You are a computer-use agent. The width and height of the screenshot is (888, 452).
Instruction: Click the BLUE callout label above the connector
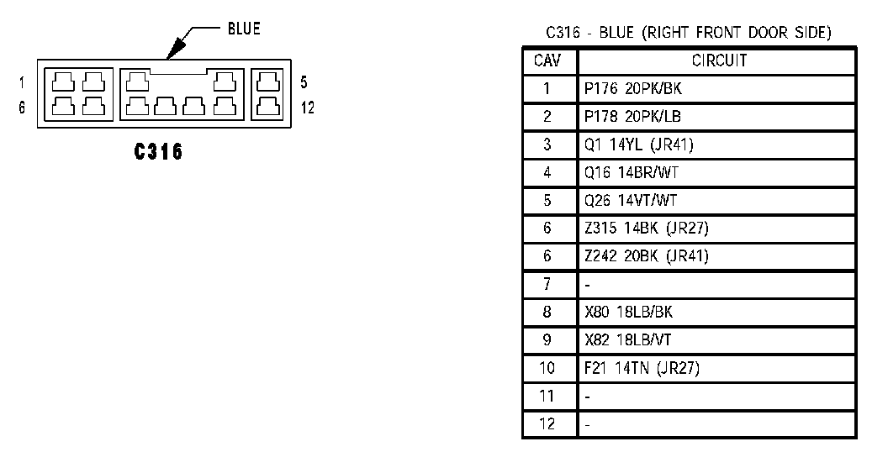pyautogui.click(x=243, y=29)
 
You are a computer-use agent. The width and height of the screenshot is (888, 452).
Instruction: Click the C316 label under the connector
pyautogui.click(x=159, y=153)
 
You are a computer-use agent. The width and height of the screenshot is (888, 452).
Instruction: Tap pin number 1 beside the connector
pyautogui.click(x=22, y=82)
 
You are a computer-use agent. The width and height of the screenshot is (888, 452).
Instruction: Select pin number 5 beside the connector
pyautogui.click(x=304, y=82)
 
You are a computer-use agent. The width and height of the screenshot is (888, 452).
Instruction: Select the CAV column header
pyautogui.click(x=548, y=60)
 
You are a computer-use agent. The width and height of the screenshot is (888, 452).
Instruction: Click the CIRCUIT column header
pyautogui.click(x=718, y=60)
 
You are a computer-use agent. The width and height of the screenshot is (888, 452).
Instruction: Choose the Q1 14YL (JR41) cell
pyautogui.click(x=639, y=145)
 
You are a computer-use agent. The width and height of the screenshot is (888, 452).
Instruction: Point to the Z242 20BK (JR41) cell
pyautogui.click(x=646, y=256)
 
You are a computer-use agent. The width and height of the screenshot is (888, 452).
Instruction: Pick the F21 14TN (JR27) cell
pyautogui.click(x=641, y=367)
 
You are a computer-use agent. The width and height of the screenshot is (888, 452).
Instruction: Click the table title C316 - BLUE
pyautogui.click(x=688, y=33)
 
